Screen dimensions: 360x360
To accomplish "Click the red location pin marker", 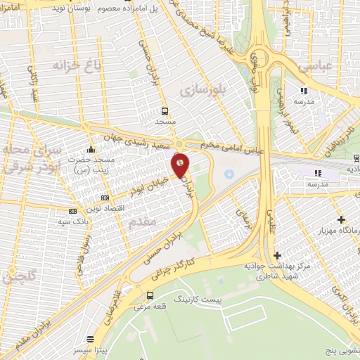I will pyautogui.click(x=181, y=166).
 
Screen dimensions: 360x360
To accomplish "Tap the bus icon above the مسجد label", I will pyautogui.click(x=165, y=111).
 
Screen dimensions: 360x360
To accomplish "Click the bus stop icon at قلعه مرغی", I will pyautogui.click(x=150, y=295).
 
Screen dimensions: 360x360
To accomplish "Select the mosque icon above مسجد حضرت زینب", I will pyautogui.click(x=91, y=149).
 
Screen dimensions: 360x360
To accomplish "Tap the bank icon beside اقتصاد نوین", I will pyautogui.click(x=105, y=198).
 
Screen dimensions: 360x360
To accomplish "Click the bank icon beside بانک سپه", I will pyautogui.click(x=72, y=211).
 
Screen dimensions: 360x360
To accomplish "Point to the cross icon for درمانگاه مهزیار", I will pyautogui.click(x=341, y=220).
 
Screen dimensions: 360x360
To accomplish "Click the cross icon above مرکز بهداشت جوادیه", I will pyautogui.click(x=277, y=255).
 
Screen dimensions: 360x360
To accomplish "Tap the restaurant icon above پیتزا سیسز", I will pyautogui.click(x=89, y=339).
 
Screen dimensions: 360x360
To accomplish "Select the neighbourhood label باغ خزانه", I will pyautogui.click(x=77, y=65).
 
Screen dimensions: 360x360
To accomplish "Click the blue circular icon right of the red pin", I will pyautogui.click(x=229, y=174).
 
